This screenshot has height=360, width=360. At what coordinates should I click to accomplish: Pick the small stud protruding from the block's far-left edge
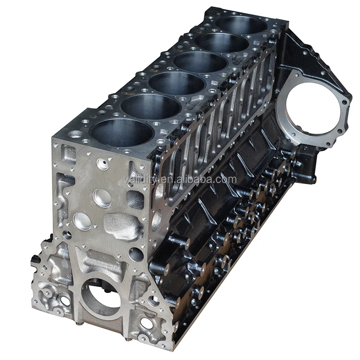click(x=35, y=260)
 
